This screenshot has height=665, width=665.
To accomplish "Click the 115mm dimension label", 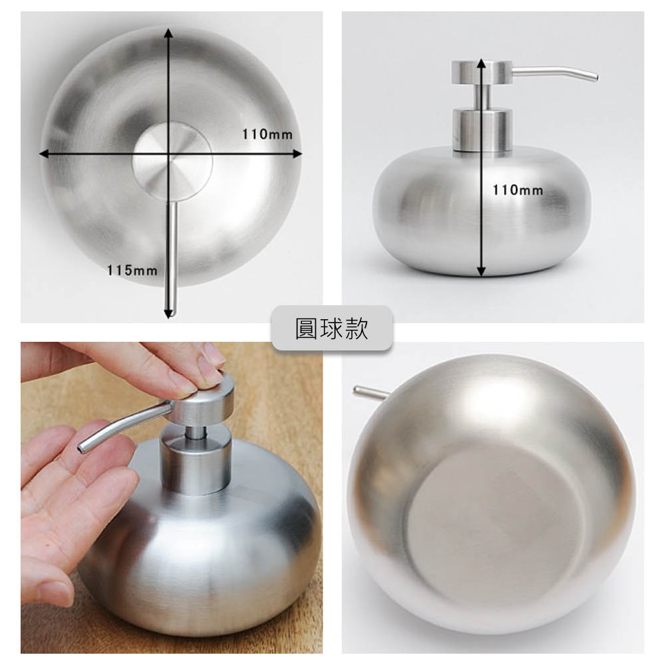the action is point(132,270).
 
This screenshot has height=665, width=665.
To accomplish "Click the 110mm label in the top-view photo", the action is point(267,134).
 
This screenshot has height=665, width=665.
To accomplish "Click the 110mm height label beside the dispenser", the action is point(518,190).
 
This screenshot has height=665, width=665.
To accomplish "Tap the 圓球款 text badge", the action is point(332,329).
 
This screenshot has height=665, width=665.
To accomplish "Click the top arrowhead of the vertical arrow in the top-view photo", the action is point(169,33).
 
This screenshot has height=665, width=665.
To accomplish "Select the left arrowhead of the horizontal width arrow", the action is point(44,154).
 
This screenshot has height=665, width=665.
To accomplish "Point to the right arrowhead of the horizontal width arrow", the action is point(297,154).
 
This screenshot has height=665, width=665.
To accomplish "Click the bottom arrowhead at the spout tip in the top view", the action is point(169,313).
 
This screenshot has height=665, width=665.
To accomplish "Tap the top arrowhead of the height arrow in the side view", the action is point(481,63).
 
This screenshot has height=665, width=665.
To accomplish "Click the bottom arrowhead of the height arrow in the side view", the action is point(481,271).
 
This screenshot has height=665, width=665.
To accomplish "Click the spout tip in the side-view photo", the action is point(595,76).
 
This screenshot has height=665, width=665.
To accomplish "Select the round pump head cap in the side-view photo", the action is point(481,72).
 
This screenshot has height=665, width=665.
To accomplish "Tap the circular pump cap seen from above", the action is point(172,161).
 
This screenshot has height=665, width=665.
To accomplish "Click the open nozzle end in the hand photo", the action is point(82,448).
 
